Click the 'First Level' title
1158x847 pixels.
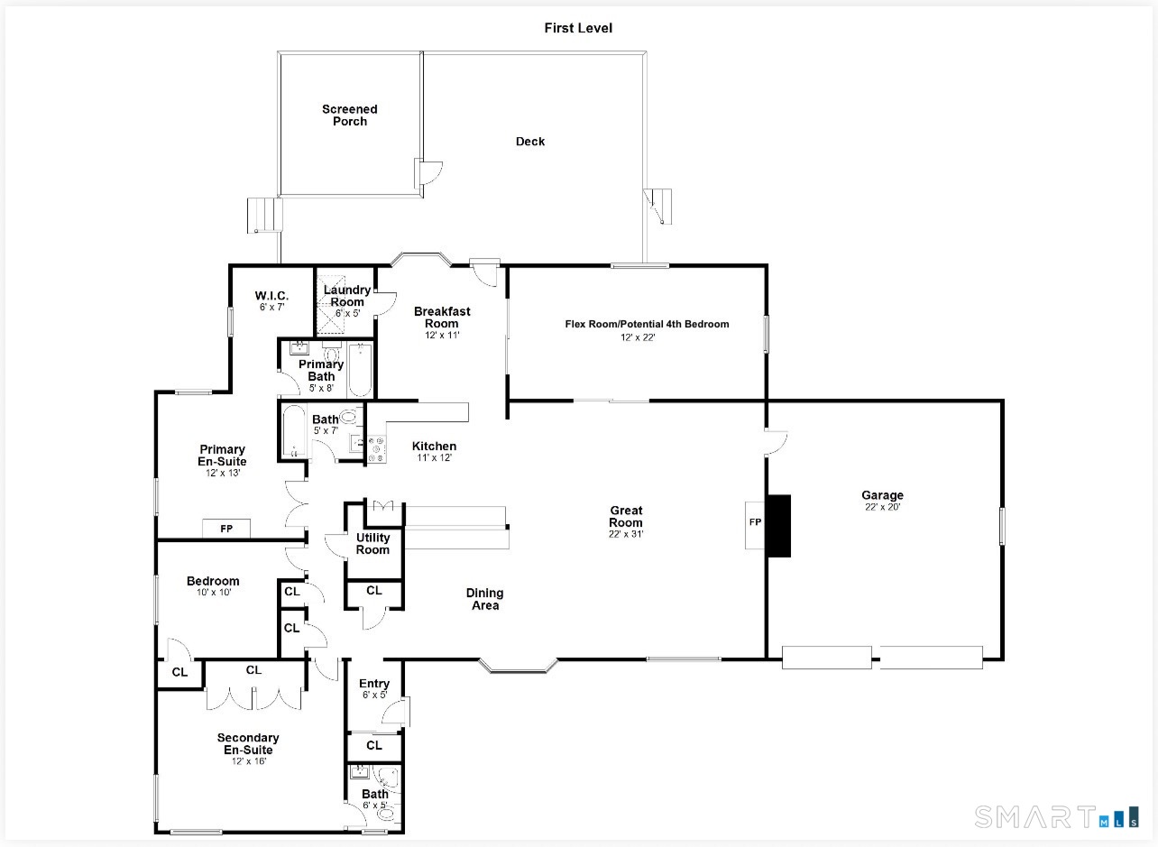[x=578, y=28]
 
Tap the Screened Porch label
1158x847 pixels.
[x=350, y=115]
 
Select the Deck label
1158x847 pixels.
[x=530, y=142]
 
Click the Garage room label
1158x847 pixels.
[x=882, y=495]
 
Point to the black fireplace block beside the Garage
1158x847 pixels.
[x=778, y=526]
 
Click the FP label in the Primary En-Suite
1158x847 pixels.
[x=226, y=529]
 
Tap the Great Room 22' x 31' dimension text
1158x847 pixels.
[x=626, y=534]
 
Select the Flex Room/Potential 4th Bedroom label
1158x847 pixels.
[x=647, y=324]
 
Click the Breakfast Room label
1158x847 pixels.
[x=442, y=318]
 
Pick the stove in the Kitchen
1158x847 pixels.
[x=376, y=448]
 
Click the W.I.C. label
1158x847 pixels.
[x=271, y=296]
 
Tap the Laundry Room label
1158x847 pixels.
[x=347, y=296]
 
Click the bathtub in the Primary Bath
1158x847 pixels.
[x=360, y=370]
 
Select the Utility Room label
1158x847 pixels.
[x=372, y=544]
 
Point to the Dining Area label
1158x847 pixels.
[x=484, y=599]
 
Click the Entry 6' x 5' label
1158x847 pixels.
[x=373, y=688]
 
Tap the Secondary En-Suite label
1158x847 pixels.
[x=248, y=744]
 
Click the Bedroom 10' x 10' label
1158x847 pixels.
[x=213, y=586]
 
